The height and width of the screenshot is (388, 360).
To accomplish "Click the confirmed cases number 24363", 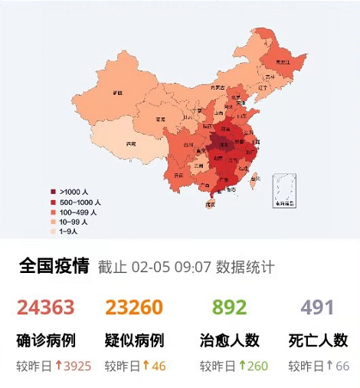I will coord(46,308).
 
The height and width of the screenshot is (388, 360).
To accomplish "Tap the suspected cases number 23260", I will coord(134,308).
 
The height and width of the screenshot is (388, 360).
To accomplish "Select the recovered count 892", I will coord(229,308).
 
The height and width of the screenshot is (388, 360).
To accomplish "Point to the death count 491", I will coord(317,308).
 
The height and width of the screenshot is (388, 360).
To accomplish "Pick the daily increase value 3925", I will coord(76,367).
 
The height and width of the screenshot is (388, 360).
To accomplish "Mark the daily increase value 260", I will coord(257,367).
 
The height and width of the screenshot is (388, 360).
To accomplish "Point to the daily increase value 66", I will coord(342,367).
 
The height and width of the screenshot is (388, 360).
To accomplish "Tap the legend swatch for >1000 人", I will coord(53,191).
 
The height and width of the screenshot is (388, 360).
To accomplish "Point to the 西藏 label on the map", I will coord(131,143).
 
